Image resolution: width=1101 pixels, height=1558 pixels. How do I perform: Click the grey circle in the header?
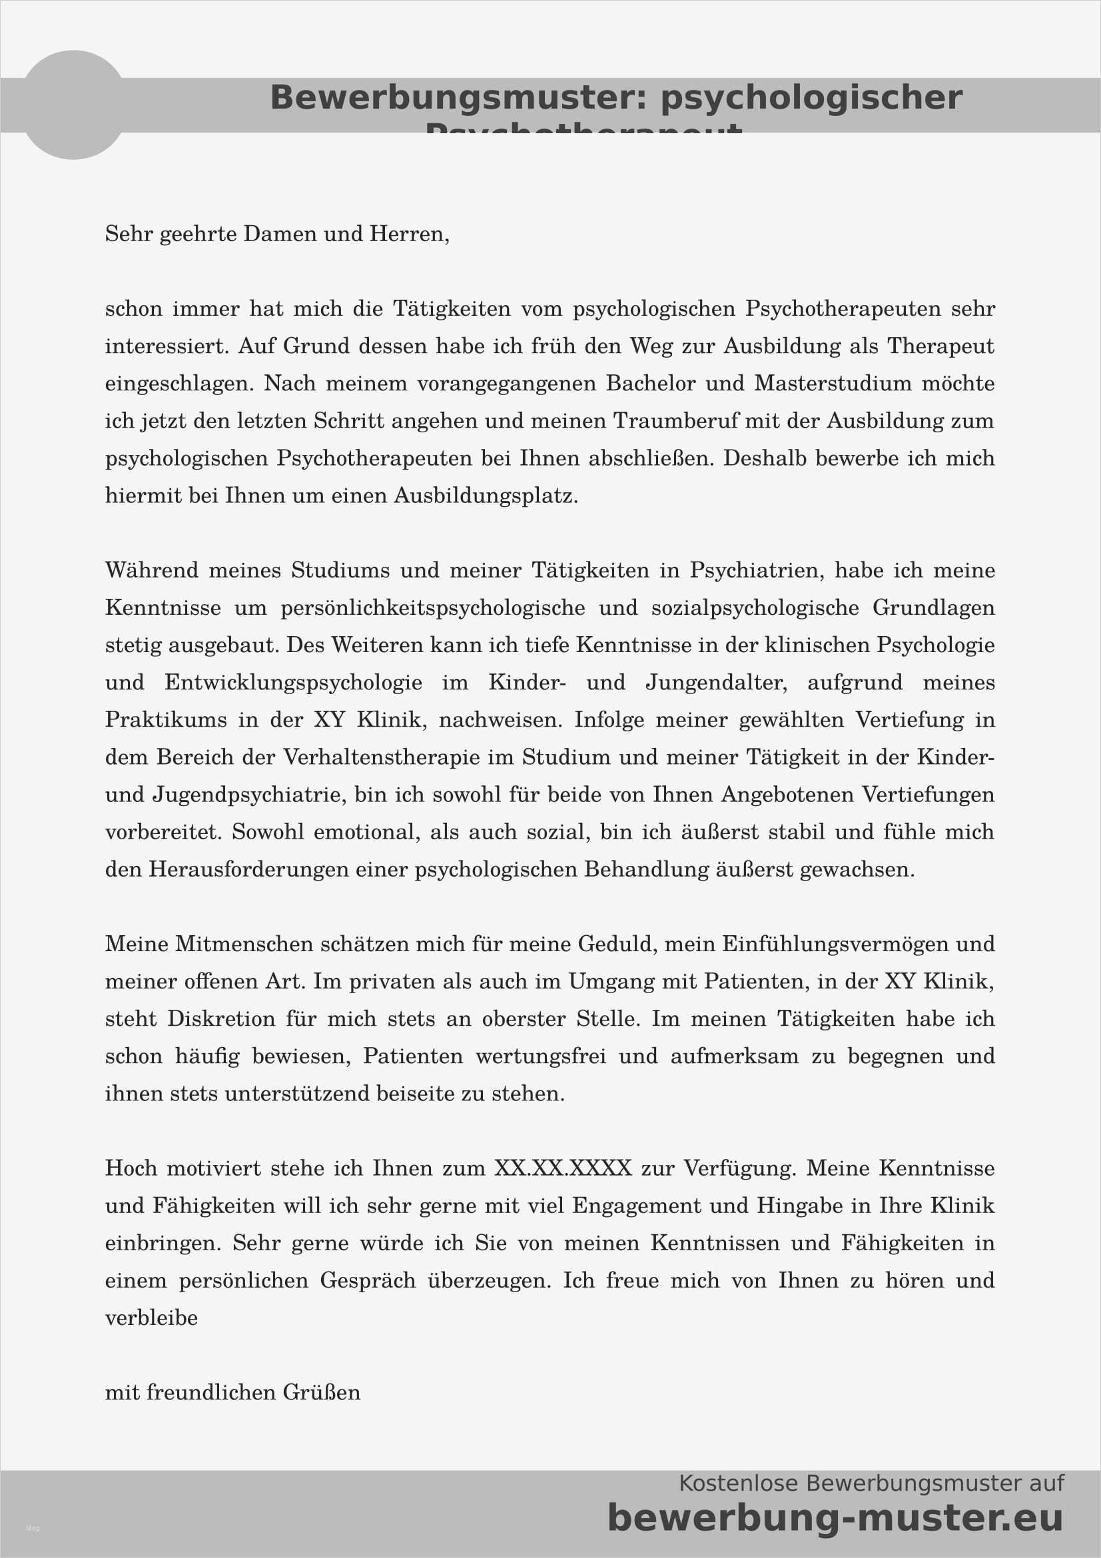point(73,105)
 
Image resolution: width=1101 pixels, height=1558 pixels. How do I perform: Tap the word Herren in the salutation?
point(408,234)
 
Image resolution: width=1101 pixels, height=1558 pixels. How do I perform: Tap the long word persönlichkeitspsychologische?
point(433,608)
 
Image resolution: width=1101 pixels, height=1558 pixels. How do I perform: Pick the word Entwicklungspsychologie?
point(293,683)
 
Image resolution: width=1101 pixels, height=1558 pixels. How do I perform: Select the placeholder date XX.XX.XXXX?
point(562,1168)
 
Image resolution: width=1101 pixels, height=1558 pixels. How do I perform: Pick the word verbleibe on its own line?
point(151,1318)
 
